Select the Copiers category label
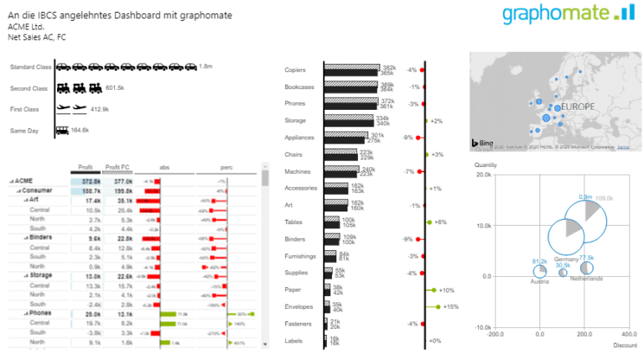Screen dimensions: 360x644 click(x=295, y=70)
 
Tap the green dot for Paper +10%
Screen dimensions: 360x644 click(x=434, y=290)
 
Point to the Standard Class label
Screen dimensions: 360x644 click(x=30, y=66)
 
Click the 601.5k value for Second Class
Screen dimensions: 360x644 click(x=115, y=87)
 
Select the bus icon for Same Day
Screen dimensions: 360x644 click(x=62, y=130)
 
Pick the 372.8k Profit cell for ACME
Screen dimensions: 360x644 click(x=91, y=180)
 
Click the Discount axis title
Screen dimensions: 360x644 click(x=624, y=344)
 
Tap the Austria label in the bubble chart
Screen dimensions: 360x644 click(x=539, y=281)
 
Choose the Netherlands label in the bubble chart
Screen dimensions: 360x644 click(x=586, y=279)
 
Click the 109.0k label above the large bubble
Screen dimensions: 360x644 click(x=604, y=197)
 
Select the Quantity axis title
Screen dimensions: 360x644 click(x=486, y=165)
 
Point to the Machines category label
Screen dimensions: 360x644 click(x=297, y=171)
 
